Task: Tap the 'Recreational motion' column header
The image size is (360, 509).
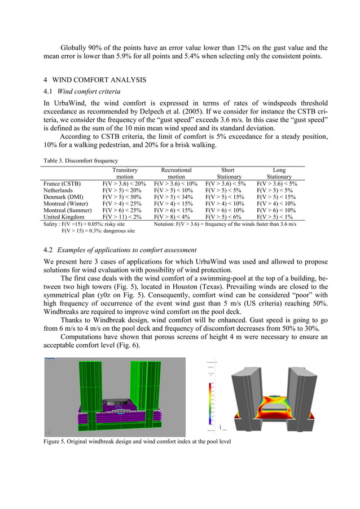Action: pyautogui.click(x=176, y=173)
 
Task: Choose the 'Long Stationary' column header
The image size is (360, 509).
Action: pyautogui.click(x=279, y=173)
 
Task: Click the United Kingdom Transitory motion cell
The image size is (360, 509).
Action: pyautogui.click(x=124, y=217)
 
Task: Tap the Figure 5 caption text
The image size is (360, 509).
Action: pyautogui.click(x=137, y=441)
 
